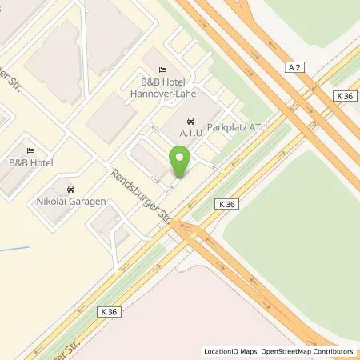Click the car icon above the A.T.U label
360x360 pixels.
pyautogui.click(x=190, y=120)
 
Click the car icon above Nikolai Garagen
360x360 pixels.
pyautogui.click(x=70, y=189)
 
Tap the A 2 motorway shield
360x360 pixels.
pyautogui.click(x=293, y=70)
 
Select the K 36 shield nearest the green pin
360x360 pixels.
pyautogui.click(x=226, y=205)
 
